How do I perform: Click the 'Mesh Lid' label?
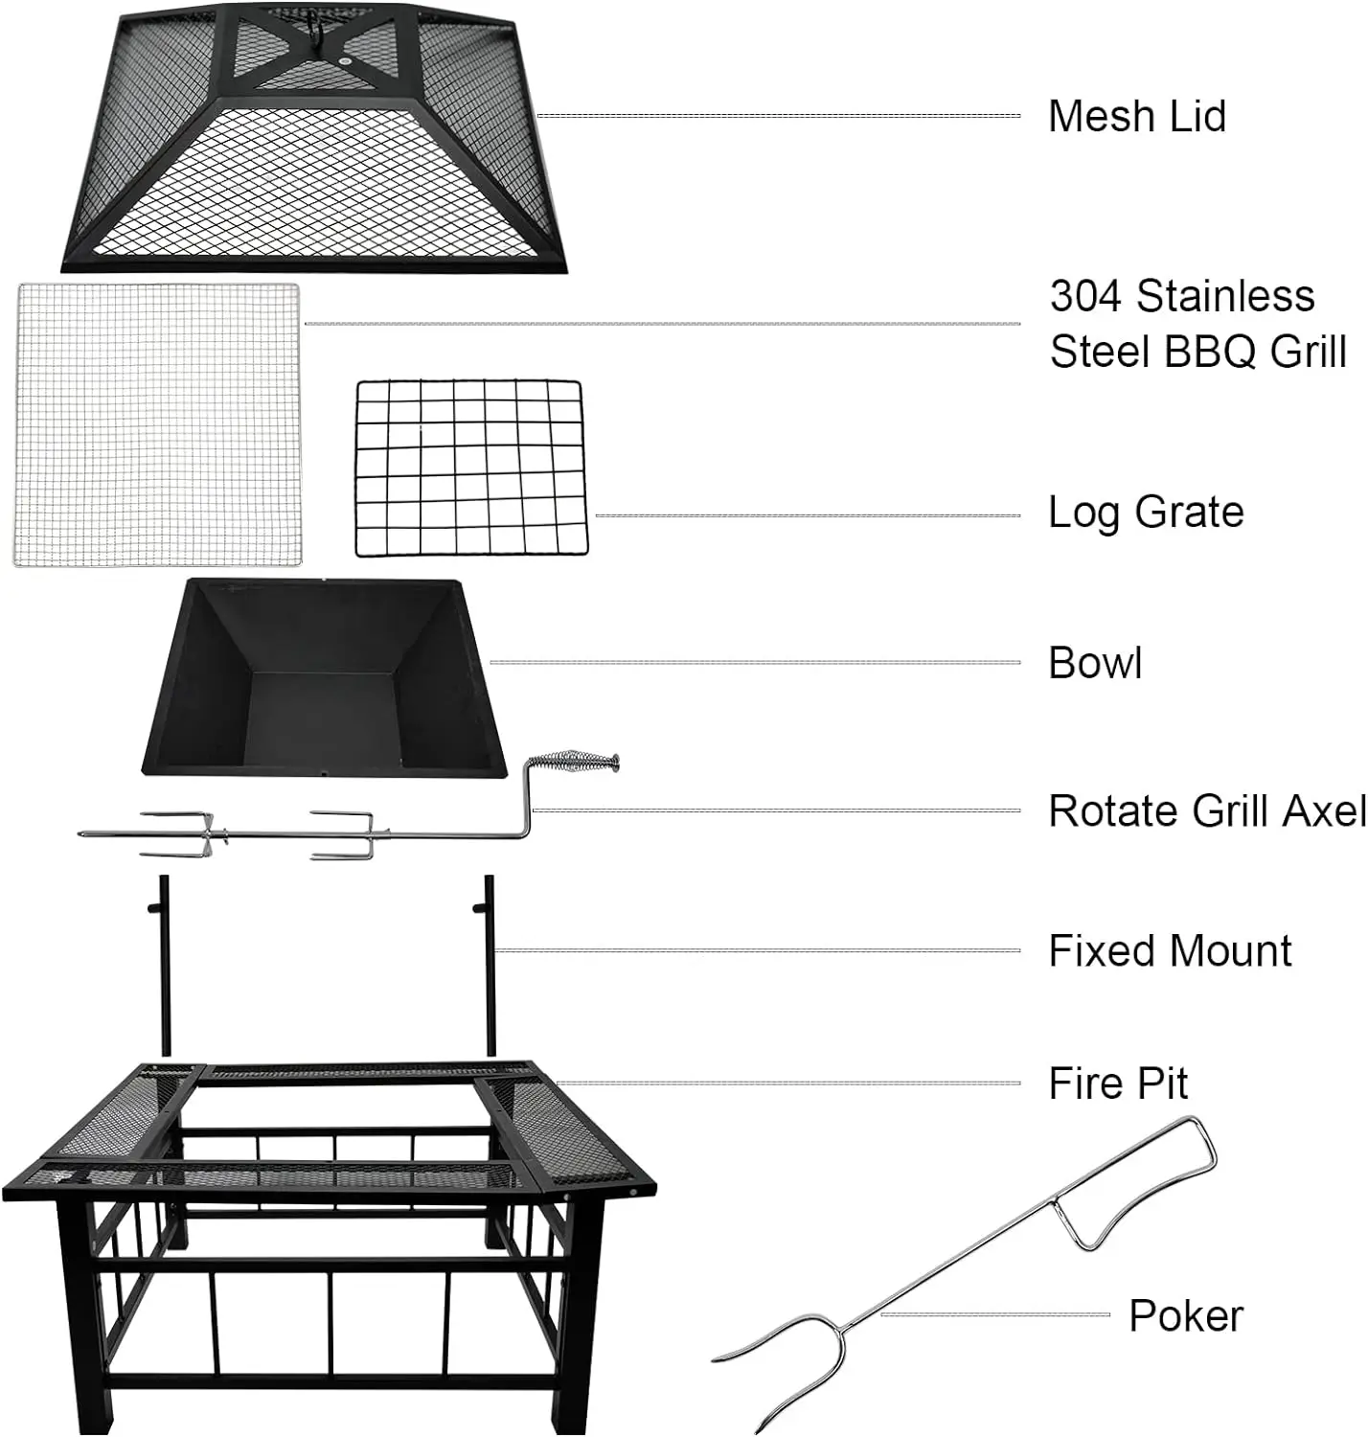(1136, 117)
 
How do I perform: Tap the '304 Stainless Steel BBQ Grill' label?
(1197, 324)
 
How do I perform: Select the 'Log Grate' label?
(1146, 513)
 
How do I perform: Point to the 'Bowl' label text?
(1095, 663)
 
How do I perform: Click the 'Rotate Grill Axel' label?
(1206, 811)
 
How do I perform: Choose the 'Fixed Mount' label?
(1170, 951)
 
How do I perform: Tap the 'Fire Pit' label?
(1118, 1083)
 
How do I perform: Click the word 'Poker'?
(1185, 1315)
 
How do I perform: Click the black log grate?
(470, 468)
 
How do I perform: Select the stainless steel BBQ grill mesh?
(158, 423)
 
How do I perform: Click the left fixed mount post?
(164, 968)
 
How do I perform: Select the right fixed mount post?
(490, 968)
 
